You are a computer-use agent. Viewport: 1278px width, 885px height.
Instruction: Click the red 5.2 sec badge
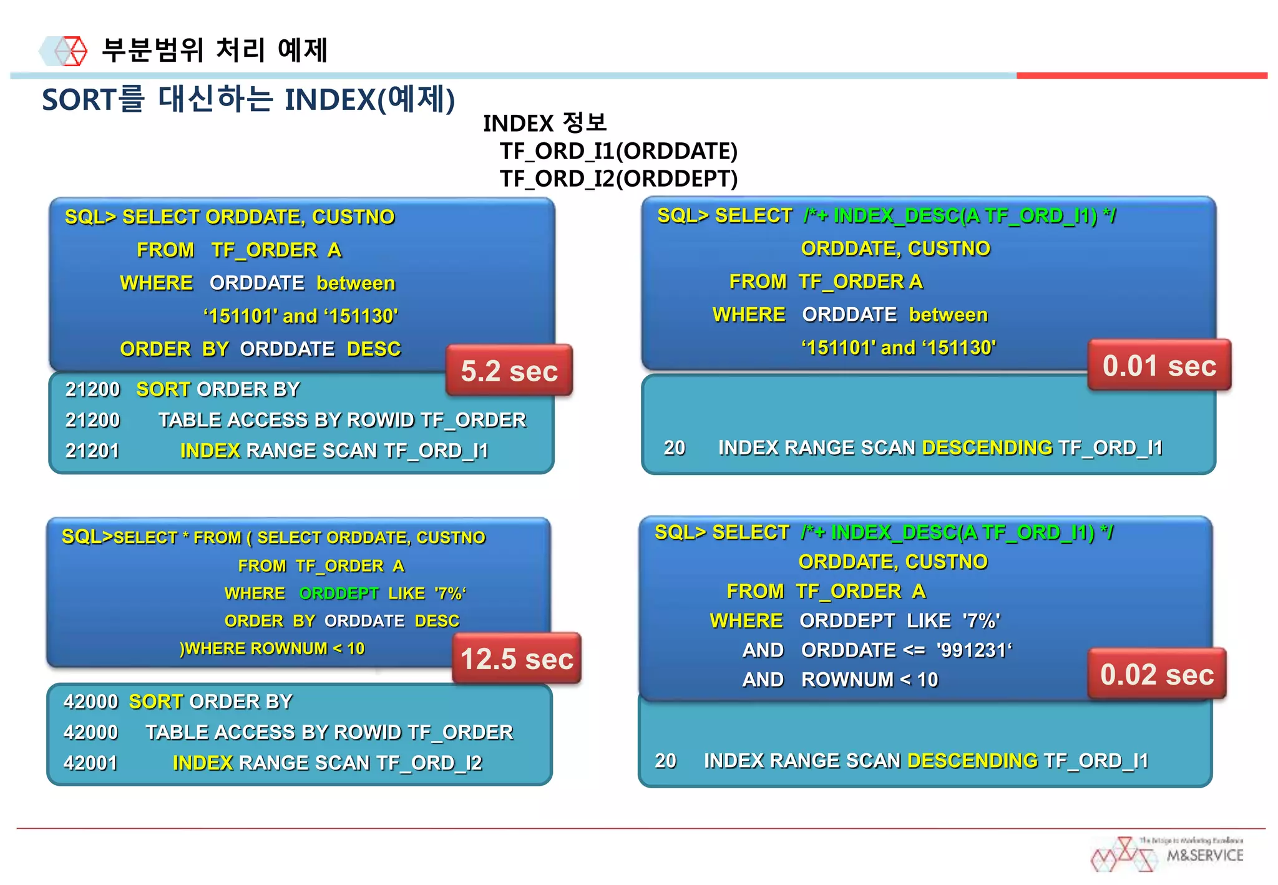(509, 371)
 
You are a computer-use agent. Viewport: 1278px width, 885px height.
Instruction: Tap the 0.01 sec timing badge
(1159, 366)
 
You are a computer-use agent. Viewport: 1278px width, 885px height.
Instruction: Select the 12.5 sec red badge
(517, 658)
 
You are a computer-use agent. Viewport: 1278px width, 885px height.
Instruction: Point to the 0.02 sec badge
(1157, 674)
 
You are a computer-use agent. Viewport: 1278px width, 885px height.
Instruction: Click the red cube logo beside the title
(72, 51)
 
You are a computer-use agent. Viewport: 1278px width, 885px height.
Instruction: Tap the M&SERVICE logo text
(1204, 855)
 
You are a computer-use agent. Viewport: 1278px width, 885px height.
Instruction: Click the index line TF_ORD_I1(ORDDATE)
(618, 151)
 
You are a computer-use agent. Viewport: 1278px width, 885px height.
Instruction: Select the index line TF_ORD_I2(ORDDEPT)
(618, 178)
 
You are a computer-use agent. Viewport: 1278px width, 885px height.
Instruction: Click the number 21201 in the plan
(92, 451)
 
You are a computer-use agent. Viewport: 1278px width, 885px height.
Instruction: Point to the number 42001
(90, 763)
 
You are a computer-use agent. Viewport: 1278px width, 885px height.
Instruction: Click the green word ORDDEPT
(339, 593)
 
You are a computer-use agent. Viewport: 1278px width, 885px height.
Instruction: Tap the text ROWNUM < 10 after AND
(869, 679)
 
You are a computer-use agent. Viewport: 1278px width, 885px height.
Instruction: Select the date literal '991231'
(973, 650)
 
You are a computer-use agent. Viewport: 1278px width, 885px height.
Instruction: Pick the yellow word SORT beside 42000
(156, 702)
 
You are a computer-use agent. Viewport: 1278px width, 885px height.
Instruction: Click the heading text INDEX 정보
(544, 123)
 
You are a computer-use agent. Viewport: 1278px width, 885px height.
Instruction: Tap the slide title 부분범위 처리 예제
(214, 50)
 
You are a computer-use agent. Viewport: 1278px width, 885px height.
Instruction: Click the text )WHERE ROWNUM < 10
(272, 648)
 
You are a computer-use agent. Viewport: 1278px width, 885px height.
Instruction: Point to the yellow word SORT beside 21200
(163, 389)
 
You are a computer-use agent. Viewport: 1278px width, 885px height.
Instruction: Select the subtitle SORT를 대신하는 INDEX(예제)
(248, 99)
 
